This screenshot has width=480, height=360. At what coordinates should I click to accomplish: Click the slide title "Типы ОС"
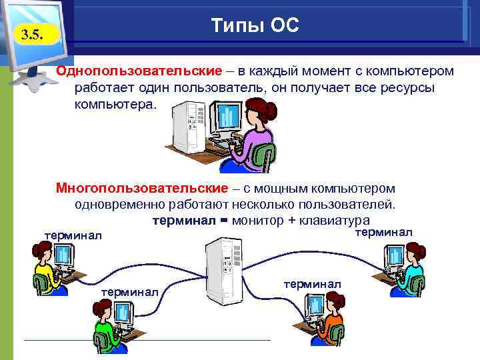point(255,26)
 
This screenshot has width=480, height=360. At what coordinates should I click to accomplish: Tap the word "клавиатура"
point(337,221)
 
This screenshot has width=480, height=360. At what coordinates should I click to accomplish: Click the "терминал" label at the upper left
point(73,235)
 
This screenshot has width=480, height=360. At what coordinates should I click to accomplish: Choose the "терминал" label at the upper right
point(383,232)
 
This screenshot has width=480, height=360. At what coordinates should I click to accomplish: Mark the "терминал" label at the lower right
point(312,284)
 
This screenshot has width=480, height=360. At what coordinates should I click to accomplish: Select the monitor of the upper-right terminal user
point(395,255)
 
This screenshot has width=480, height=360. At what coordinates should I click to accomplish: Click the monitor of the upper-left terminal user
point(63,255)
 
